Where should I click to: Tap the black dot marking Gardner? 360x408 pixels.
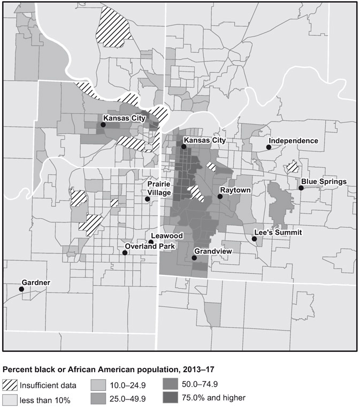tap(21, 289)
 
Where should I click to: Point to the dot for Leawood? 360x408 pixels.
tap(151, 242)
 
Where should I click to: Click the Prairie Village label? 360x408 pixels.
tap(159, 188)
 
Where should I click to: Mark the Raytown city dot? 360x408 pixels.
tap(220, 197)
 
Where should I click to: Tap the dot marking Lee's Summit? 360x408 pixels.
tap(255, 239)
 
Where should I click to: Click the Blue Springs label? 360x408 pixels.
tap(324, 181)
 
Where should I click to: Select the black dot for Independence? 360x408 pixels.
tap(269, 147)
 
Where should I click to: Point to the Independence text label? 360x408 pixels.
tap(293, 141)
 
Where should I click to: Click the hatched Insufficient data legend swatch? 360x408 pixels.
tap(10, 384)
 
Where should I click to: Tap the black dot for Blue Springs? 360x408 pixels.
tap(301, 188)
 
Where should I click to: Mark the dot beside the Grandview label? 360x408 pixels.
tap(194, 258)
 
